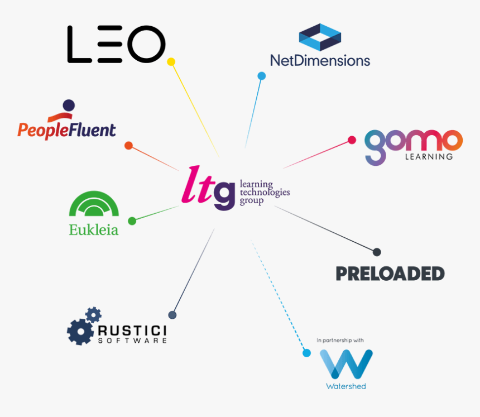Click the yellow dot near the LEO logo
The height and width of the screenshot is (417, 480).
coord(171,62)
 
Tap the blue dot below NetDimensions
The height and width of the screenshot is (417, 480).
coord(261,76)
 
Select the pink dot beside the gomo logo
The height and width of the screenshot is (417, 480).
coord(352,140)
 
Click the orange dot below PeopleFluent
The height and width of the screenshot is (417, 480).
coord(128,146)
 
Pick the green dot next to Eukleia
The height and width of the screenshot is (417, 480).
coord(132,221)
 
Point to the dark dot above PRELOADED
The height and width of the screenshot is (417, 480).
coord(377,252)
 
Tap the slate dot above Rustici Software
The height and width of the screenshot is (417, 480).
coord(172,315)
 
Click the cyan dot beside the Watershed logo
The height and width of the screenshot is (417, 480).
coord(306,353)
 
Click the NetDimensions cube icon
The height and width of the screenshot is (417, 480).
coord(320,37)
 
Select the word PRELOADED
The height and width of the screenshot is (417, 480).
coord(390,274)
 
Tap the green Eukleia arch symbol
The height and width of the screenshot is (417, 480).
coord(94,204)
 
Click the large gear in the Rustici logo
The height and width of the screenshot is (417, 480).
coord(80,332)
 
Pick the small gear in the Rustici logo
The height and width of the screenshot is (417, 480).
coord(93,314)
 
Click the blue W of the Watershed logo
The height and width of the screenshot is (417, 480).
coord(346,364)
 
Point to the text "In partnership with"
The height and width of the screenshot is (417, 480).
coord(340,340)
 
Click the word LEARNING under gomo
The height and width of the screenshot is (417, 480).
coord(429,157)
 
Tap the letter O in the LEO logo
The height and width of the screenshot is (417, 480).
coord(146,44)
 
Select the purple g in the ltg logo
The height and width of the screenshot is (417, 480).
coord(224,196)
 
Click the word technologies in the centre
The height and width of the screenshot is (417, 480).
coord(265,192)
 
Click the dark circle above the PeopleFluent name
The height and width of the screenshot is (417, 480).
coord(69,106)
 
